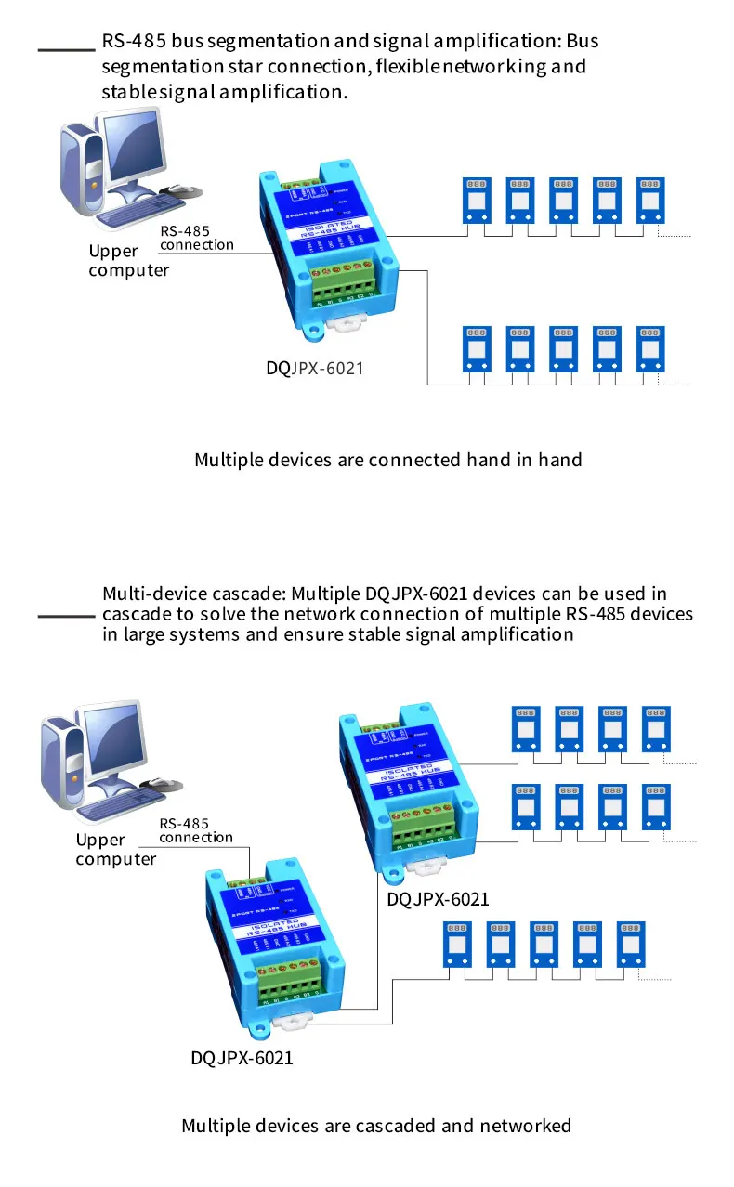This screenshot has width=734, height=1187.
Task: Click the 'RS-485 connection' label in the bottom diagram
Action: (x=196, y=830)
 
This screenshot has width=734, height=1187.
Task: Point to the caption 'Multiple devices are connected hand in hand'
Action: (x=387, y=460)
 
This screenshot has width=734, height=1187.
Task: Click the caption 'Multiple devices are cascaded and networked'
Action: (x=376, y=1126)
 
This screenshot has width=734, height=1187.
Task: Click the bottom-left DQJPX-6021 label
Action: (x=242, y=1058)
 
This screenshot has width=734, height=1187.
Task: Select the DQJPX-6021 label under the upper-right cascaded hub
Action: (x=438, y=899)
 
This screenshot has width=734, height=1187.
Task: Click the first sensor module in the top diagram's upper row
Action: (x=478, y=199)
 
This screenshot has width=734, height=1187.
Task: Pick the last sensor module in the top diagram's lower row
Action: (x=650, y=348)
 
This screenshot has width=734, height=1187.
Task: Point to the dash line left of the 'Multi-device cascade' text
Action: (x=66, y=616)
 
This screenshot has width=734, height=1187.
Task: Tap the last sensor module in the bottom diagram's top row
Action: (x=655, y=729)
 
